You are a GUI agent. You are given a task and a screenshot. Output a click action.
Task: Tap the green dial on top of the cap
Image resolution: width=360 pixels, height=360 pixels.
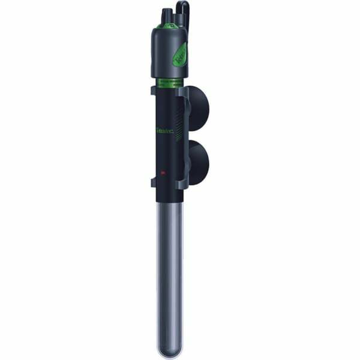click(162, 26)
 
